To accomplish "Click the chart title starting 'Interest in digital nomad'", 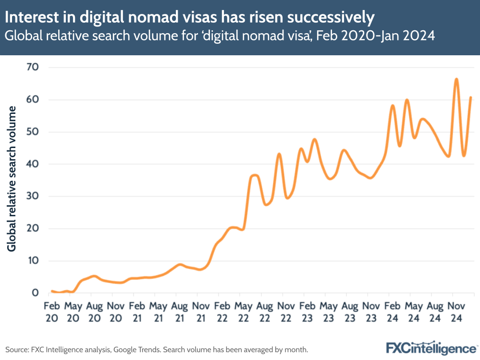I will pyautogui.click(x=190, y=17).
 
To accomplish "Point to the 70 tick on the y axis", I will pyautogui.click(x=32, y=67).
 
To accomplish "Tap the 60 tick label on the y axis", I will pyautogui.click(x=32, y=99).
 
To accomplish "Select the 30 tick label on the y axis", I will pyautogui.click(x=32, y=196).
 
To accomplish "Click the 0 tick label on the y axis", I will pyautogui.click(x=36, y=293).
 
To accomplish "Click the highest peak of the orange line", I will pyautogui.click(x=456, y=79).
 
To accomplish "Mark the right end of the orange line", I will pyautogui.click(x=471, y=98).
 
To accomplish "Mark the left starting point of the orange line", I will pyautogui.click(x=52, y=291).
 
